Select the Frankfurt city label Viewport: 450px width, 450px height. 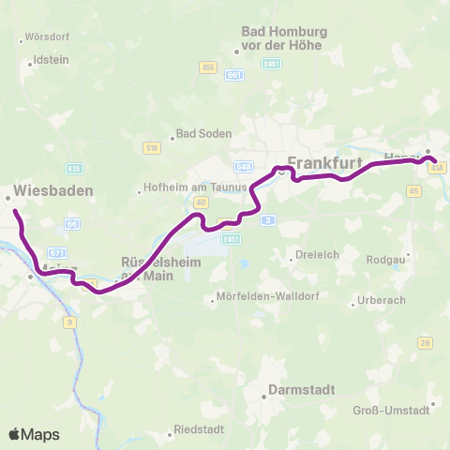324,161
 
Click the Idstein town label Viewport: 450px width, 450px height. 51,58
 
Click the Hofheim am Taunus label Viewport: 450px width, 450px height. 193,187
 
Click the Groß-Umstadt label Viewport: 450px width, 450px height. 397,409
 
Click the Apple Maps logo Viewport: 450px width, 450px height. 34,434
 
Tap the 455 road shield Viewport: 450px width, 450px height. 208,67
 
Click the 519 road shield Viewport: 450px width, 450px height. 152,147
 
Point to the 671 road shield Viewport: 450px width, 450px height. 57,253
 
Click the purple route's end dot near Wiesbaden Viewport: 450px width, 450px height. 16,212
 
